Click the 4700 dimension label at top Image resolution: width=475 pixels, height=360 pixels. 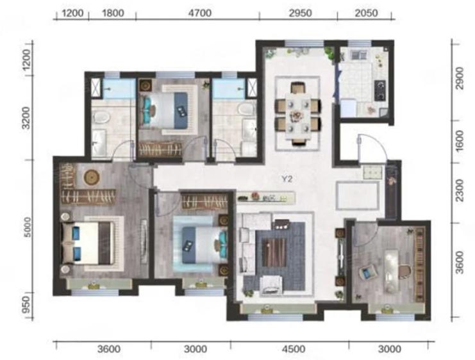click(x=199, y=13)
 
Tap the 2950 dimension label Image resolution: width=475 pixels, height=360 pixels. click(x=300, y=13)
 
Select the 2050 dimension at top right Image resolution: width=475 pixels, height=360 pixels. click(x=366, y=13)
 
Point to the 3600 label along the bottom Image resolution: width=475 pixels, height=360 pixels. click(x=109, y=349)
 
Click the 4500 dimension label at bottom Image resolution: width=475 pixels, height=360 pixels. click(x=293, y=349)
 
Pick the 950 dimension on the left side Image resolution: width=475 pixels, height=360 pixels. click(x=27, y=305)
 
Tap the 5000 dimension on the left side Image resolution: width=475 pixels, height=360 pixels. click(x=28, y=227)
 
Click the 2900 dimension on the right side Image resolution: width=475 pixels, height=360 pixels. click(x=460, y=78)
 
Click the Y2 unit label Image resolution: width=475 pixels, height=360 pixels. click(x=287, y=179)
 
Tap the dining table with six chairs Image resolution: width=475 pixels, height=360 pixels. click(x=298, y=115)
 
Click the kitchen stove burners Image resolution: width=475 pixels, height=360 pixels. click(x=380, y=90)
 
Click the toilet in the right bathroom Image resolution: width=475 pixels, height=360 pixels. click(x=247, y=109)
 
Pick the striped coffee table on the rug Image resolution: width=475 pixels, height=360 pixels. click(x=274, y=252)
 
